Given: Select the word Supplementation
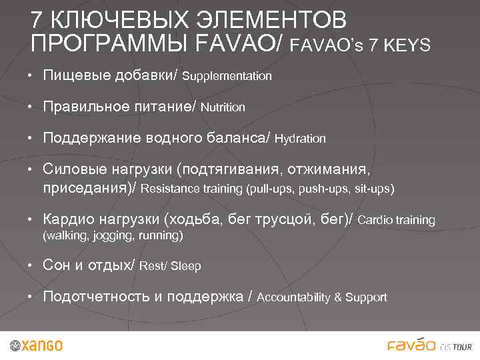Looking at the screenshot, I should point(227,76).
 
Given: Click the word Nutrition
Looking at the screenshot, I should point(223,107).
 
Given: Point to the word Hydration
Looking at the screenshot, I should point(300,139).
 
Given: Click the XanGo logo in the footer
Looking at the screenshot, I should point(37,345).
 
